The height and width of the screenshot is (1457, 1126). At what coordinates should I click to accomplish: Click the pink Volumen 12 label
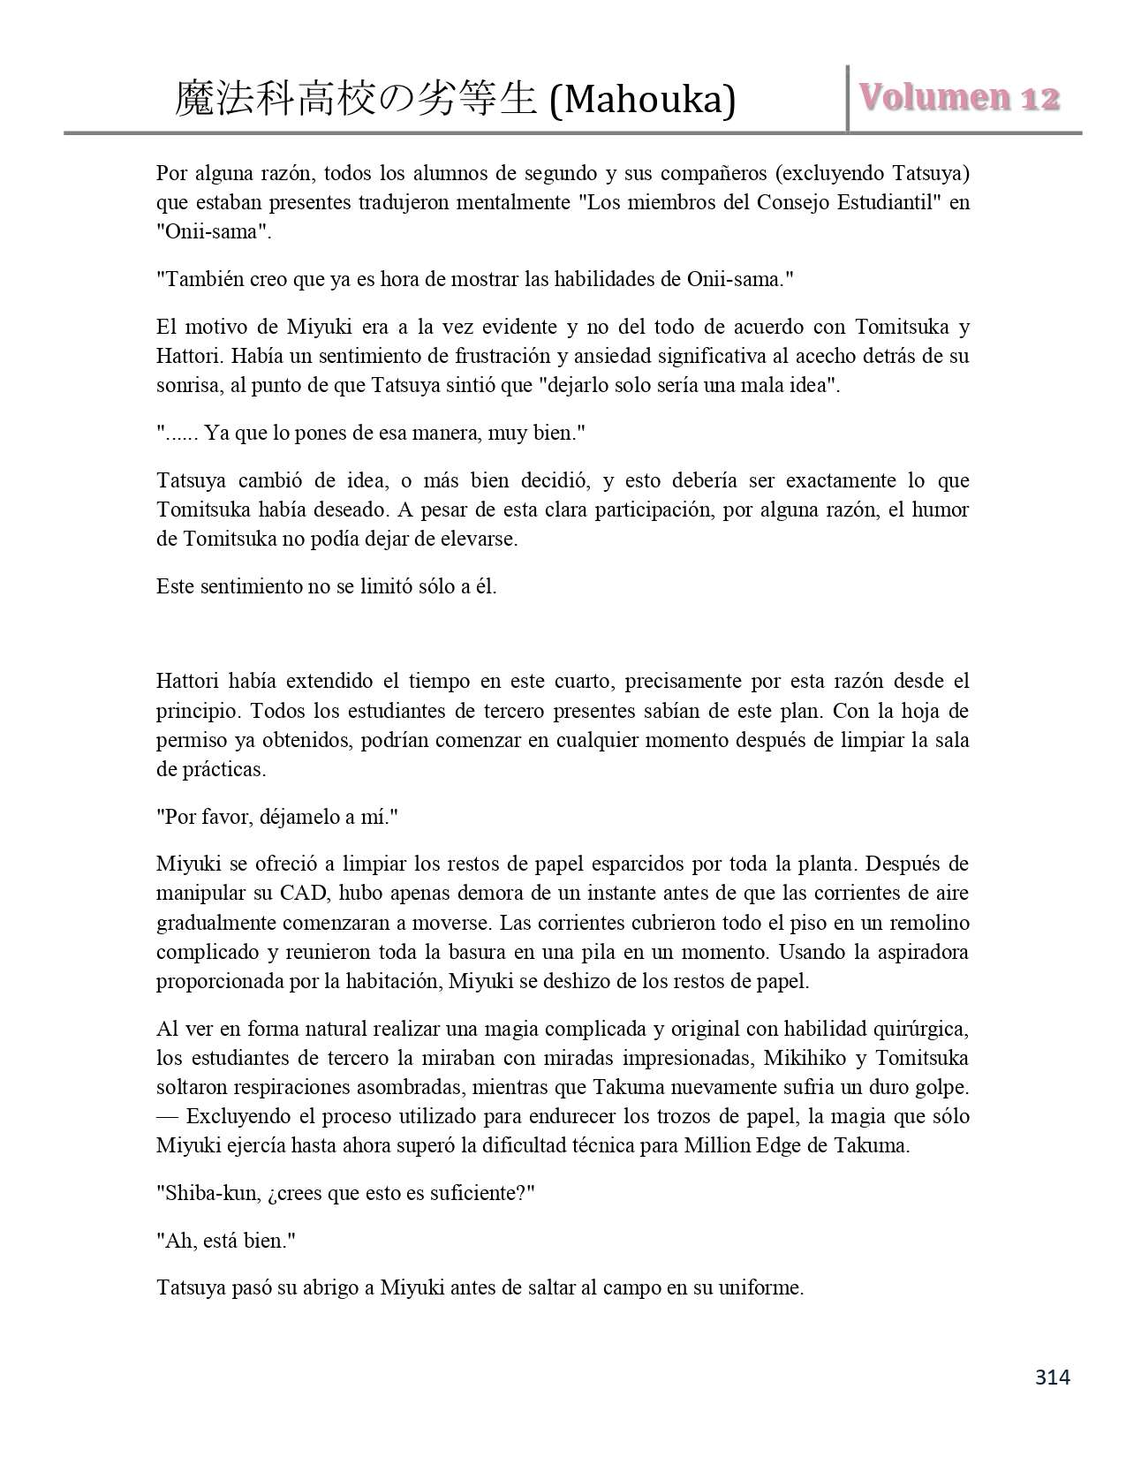coord(957,98)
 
